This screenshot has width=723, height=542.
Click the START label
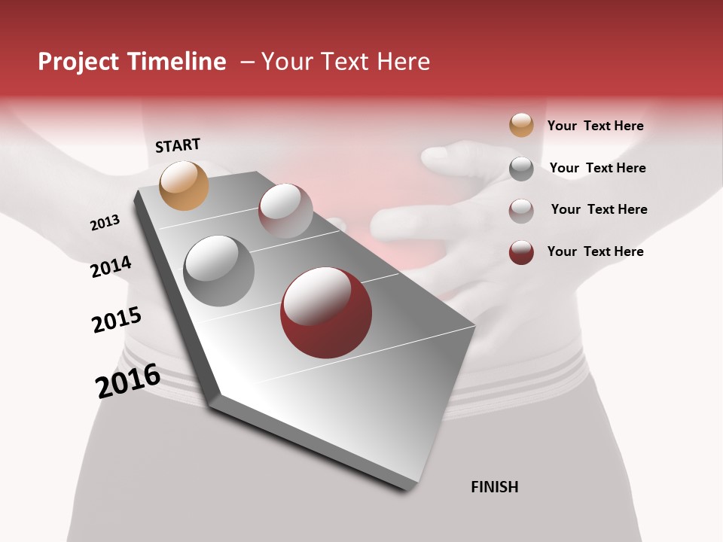178,145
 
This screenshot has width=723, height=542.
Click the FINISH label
495,487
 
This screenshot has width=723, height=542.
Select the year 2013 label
105,223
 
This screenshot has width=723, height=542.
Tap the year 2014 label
111,267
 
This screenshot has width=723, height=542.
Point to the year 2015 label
117,320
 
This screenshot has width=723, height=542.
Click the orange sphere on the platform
185,185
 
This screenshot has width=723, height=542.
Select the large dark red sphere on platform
326,312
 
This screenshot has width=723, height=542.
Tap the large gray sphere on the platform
219,271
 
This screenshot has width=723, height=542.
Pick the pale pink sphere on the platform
285,211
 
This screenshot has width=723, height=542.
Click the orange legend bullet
521,125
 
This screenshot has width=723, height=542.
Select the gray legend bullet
521,169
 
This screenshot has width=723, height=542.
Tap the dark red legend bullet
521,252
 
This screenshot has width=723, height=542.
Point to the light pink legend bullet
521,211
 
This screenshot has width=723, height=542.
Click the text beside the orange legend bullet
595,126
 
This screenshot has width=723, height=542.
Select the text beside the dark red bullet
595,251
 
